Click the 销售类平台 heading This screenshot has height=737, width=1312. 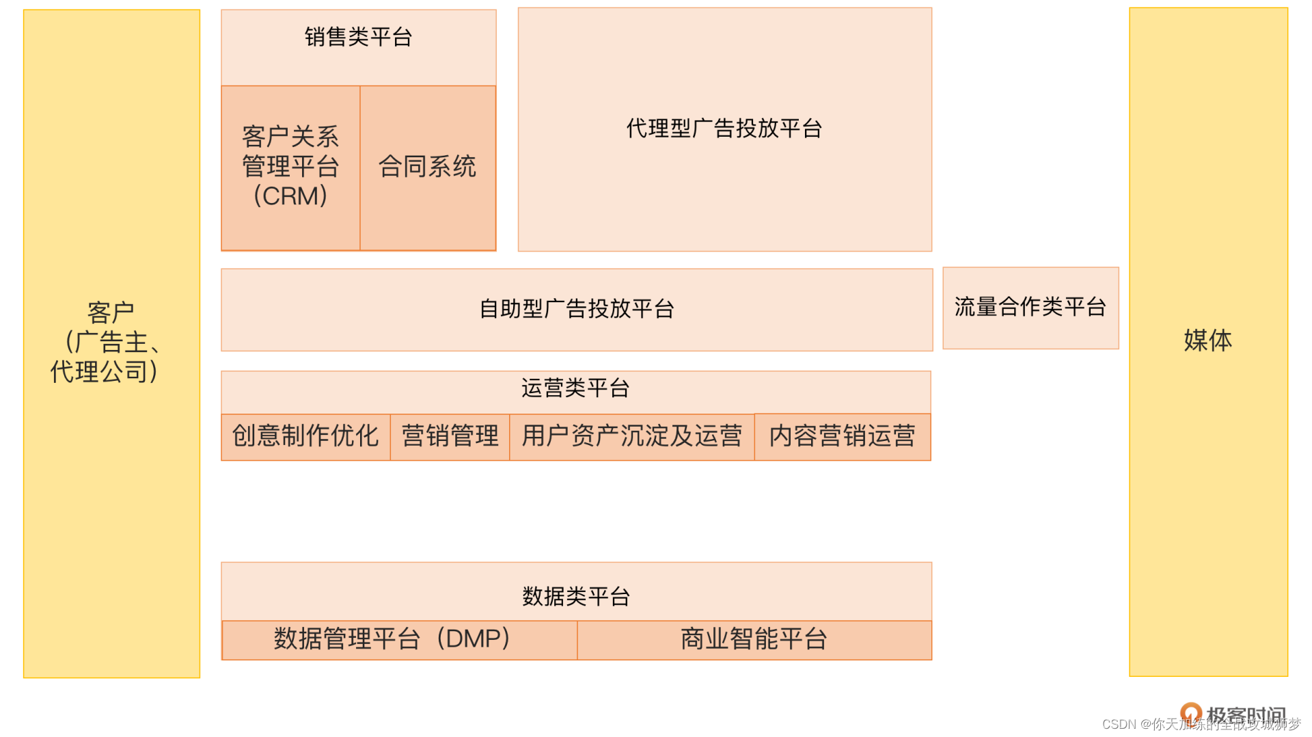(x=358, y=37)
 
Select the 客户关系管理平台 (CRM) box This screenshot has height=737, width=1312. (x=290, y=167)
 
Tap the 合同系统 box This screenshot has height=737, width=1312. (x=428, y=167)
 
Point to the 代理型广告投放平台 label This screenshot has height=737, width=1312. (x=724, y=129)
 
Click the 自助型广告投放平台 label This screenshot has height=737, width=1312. (x=577, y=309)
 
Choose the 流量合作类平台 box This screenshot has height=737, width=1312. (x=1030, y=308)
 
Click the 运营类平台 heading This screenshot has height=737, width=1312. (x=575, y=388)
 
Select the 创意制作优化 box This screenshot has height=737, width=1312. (x=305, y=436)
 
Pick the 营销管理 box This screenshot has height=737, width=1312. (x=450, y=436)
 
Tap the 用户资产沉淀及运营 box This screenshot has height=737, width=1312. (x=632, y=436)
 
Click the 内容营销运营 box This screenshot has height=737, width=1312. (x=843, y=436)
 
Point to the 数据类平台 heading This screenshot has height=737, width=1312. (x=576, y=596)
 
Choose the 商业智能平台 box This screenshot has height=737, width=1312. (x=754, y=639)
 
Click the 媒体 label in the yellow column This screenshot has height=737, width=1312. (x=1208, y=340)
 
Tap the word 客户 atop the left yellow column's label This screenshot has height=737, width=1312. (x=111, y=313)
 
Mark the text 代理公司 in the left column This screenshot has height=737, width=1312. (x=100, y=372)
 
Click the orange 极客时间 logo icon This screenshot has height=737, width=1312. (x=1190, y=712)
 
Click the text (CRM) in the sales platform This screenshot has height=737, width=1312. (x=290, y=197)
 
